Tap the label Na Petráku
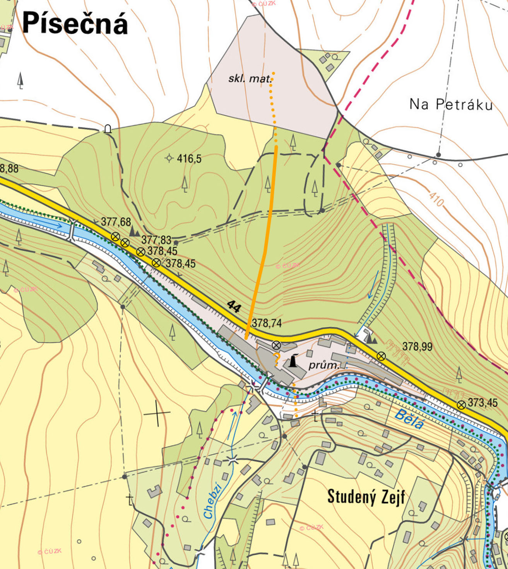coord(451,104)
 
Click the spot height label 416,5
coord(189,159)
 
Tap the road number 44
coord(234,307)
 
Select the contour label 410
coord(436,199)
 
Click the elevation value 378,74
coord(267,323)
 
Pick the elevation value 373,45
coord(482,403)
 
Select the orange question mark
coord(277,360)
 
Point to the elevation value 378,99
coord(417,346)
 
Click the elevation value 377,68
coord(116,222)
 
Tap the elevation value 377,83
coord(156,240)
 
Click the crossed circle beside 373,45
coord(461,405)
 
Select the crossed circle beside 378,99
coord(381,356)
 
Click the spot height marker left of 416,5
coord(169,158)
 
